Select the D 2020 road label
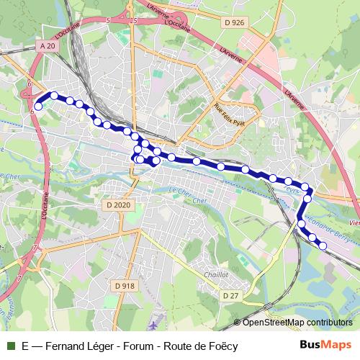[120, 205]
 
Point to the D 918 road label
[124, 286]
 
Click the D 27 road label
[230, 296]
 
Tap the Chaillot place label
[215, 274]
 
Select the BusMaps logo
[325, 345]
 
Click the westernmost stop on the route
[38, 105]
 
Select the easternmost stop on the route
[323, 246]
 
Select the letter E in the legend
[26, 346]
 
